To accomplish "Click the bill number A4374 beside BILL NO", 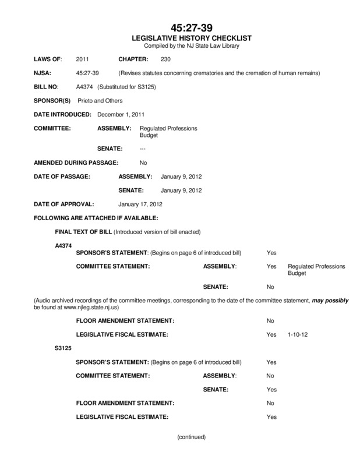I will [x=85, y=87].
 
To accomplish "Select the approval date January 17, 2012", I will [x=140, y=205].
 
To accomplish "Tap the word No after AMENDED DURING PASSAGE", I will [x=143, y=162].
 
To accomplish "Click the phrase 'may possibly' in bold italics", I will [x=330, y=301].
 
